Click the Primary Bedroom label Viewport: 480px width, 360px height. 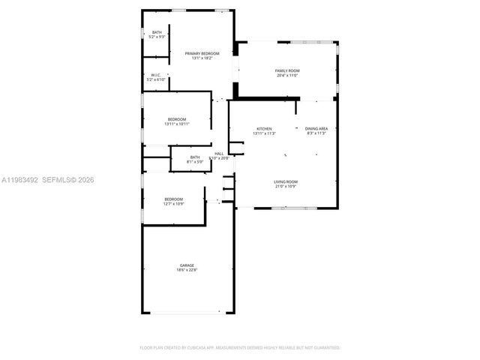click(202, 53)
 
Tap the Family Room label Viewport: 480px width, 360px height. click(287, 70)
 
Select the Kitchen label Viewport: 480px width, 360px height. click(264, 129)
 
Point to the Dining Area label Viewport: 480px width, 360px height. click(316, 129)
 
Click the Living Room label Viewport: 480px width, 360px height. click(285, 181)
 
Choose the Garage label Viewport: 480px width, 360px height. click(187, 265)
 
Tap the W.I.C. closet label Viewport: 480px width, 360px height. click(156, 74)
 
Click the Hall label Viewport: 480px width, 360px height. click(220, 154)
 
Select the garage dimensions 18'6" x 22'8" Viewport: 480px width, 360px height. click(187, 270)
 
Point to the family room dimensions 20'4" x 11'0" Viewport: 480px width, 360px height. click(287, 76)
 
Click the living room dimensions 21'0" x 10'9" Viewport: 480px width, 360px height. click(285, 186)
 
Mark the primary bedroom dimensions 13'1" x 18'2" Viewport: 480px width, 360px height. click(202, 58)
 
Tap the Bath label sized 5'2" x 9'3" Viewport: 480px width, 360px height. click(157, 32)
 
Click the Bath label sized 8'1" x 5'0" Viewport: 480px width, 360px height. click(195, 157)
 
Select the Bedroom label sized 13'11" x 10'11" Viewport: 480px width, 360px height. click(177, 119)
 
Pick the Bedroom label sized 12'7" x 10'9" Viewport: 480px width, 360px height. click(174, 199)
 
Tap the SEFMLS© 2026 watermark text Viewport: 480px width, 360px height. click(68, 180)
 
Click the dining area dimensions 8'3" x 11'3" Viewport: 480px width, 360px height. click(316, 133)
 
